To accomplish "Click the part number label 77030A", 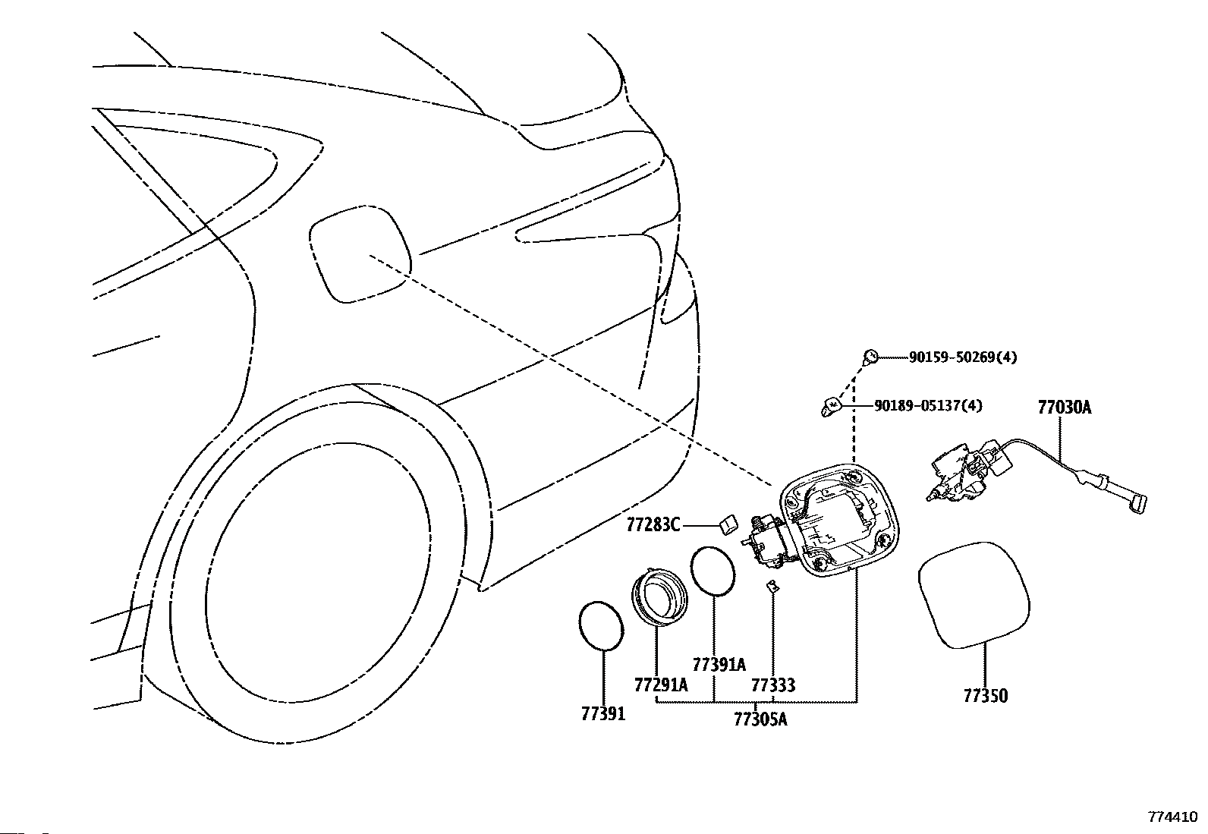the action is point(1065,408).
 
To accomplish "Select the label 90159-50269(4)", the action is point(963,357).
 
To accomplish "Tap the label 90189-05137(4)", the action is point(928,405).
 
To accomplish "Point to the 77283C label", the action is point(653,524).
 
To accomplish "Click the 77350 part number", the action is point(985,696).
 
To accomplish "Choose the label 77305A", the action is point(760,719).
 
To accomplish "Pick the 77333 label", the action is point(773,685).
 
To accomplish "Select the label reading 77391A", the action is point(719,665).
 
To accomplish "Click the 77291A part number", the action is point(661,685).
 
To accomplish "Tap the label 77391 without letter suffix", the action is point(603,713).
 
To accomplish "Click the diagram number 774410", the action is point(1172,817).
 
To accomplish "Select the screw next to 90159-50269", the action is point(870,357).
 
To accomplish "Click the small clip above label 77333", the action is point(772,586).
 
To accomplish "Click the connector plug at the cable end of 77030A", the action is point(1138,505).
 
